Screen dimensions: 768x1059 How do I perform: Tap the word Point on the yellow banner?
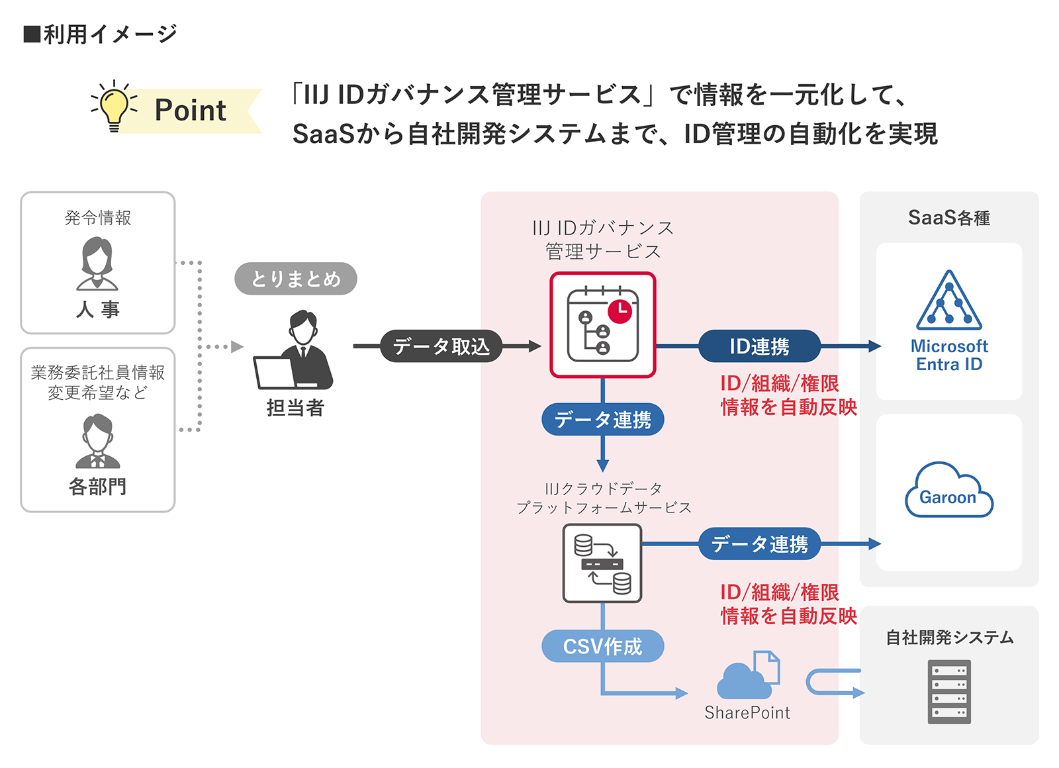coord(190,110)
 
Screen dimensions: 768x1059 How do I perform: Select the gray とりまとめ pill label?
coord(295,279)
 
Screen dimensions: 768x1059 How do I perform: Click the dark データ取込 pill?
coord(441,346)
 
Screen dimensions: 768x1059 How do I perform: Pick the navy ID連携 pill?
coord(759,346)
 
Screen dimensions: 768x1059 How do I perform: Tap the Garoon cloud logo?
coord(948,491)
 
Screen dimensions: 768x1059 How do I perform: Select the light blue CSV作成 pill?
coord(602,646)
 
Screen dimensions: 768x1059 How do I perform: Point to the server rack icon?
coord(948,691)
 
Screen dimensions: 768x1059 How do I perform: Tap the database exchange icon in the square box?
coord(602,563)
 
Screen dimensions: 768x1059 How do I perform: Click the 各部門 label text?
coord(97,487)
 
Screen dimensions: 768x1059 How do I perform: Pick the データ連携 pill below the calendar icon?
coord(602,419)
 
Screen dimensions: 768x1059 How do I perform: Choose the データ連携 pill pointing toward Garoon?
coord(759,544)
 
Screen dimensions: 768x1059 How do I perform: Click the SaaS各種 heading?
coord(948,218)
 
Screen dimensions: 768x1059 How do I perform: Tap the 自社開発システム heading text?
coord(949,637)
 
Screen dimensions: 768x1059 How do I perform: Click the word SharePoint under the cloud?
coord(747,712)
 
